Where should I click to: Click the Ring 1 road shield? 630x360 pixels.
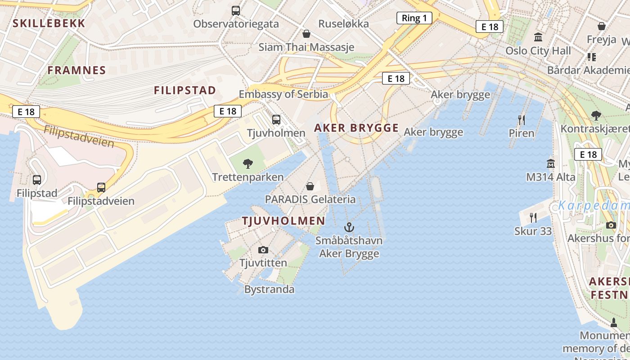[414, 18]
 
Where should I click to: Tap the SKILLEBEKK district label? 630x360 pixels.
[49, 23]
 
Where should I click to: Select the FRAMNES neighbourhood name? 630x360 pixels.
[76, 70]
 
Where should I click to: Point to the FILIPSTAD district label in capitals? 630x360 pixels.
[185, 90]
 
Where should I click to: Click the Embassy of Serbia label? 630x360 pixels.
[283, 94]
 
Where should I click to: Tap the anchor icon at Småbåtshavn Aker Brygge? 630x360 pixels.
[349, 227]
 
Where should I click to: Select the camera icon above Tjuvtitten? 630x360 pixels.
[263, 250]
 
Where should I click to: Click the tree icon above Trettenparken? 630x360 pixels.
[247, 164]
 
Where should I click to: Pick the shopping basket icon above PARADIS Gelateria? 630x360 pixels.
[310, 186]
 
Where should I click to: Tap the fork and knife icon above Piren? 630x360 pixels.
[522, 120]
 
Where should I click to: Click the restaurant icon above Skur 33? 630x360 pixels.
[533, 218]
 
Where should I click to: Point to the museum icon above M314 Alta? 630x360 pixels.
[550, 163]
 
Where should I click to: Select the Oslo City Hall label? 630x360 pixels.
[538, 51]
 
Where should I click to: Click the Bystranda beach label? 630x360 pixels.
[269, 289]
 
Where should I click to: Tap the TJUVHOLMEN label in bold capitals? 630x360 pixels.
[283, 221]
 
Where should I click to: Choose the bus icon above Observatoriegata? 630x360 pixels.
[236, 10]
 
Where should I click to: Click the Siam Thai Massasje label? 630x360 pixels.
[306, 47]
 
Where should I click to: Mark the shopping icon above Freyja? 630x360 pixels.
[602, 26]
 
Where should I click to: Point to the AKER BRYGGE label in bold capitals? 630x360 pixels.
[356, 128]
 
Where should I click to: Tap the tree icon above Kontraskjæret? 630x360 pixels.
[596, 116]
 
